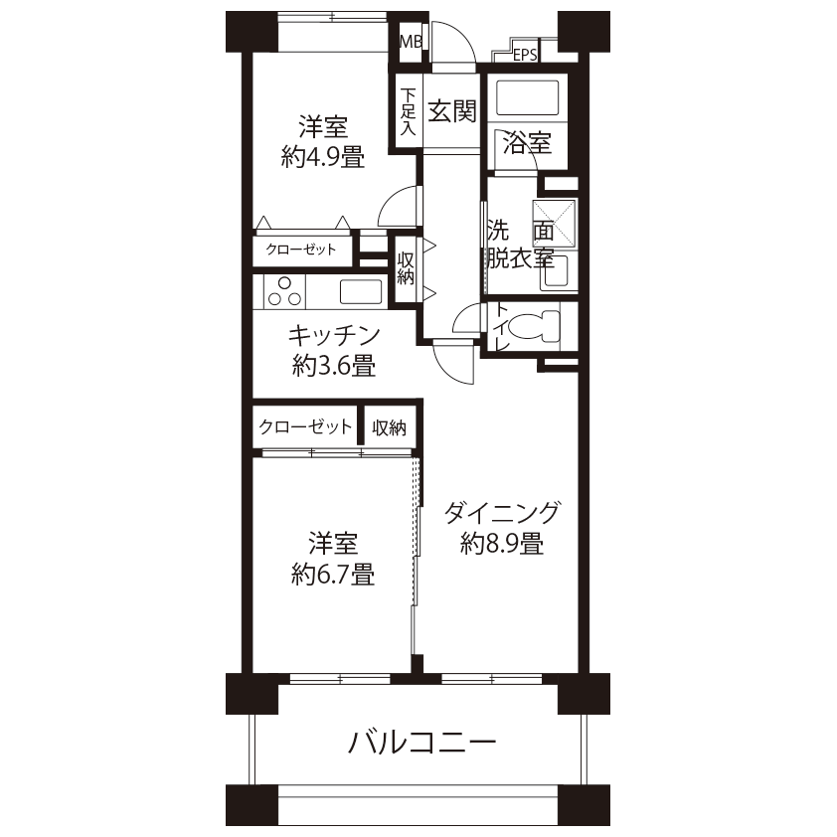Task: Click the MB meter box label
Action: click(x=411, y=41)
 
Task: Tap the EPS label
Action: click(x=525, y=55)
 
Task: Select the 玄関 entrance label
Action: click(x=452, y=111)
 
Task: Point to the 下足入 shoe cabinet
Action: click(x=409, y=111)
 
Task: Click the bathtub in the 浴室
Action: click(x=528, y=97)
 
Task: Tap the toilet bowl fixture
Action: click(x=533, y=326)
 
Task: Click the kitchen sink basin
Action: click(x=361, y=292)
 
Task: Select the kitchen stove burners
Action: click(x=284, y=292)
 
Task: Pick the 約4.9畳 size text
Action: click(x=323, y=158)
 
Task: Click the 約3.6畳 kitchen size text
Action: click(x=334, y=366)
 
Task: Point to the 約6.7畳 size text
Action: click(x=333, y=575)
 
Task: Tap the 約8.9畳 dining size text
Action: click(x=502, y=544)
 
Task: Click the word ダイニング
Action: click(x=502, y=513)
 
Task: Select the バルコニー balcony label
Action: click(x=422, y=743)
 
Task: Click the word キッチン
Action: click(x=334, y=336)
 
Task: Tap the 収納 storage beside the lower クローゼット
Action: click(x=389, y=427)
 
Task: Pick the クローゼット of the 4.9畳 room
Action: click(x=301, y=250)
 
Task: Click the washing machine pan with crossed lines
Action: click(x=554, y=223)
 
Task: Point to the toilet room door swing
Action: click(x=466, y=319)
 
